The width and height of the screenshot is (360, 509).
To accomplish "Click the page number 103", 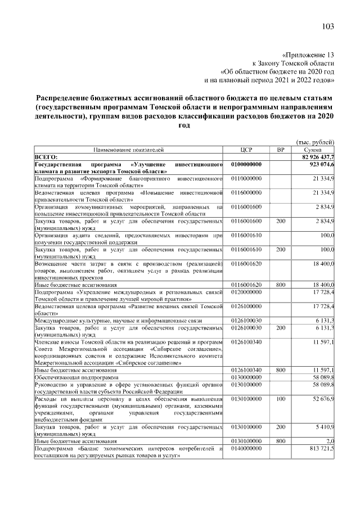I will pos(328,26).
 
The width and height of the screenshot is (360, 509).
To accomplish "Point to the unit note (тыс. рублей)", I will pos(315,142).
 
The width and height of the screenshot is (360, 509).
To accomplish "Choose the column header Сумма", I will pos(313,150).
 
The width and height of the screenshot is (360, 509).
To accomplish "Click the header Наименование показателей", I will pos(129,150).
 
